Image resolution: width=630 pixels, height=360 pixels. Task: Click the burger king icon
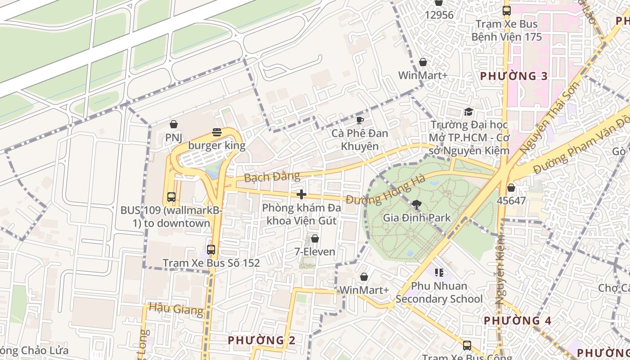pyautogui.click(x=217, y=132)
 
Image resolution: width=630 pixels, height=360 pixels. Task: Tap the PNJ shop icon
pyautogui.click(x=174, y=124)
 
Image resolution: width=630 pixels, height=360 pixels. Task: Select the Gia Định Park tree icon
pyautogui.click(x=417, y=205)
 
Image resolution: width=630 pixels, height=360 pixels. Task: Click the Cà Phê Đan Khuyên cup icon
pyautogui.click(x=360, y=120)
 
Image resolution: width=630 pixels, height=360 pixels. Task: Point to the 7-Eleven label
pyautogui.click(x=315, y=252)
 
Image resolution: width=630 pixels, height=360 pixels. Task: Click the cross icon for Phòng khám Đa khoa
pyautogui.click(x=301, y=194)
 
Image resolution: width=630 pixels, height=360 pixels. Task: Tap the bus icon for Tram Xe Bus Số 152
pyautogui.click(x=211, y=249)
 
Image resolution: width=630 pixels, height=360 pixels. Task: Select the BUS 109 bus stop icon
pyautogui.click(x=171, y=197)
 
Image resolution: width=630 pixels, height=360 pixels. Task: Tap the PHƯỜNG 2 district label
pyautogui.click(x=261, y=340)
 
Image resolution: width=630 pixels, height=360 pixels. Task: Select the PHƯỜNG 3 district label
pyautogui.click(x=514, y=76)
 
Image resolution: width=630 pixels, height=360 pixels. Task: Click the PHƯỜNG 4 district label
pyautogui.click(x=517, y=320)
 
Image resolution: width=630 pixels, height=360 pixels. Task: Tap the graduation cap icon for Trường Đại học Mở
pyautogui.click(x=468, y=112)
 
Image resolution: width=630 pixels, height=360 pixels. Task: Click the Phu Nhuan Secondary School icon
pyautogui.click(x=439, y=272)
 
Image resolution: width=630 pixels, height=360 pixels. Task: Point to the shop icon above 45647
pyautogui.click(x=511, y=187)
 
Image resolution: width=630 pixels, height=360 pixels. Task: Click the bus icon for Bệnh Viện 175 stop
pyautogui.click(x=507, y=11)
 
